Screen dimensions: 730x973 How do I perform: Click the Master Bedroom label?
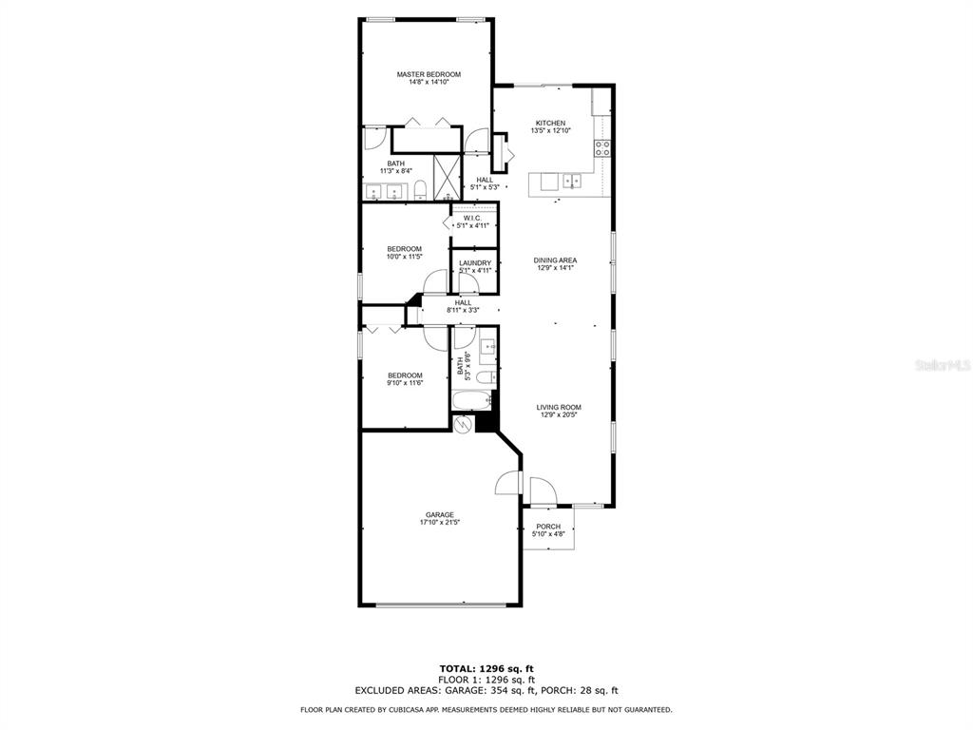429,75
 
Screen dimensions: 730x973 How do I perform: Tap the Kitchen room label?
550,124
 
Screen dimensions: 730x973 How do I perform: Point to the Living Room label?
558,408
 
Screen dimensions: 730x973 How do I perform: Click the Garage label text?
439,515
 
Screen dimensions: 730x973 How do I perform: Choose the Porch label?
548,527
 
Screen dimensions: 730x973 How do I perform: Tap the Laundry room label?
475,263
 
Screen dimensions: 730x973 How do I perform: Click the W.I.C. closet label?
472,219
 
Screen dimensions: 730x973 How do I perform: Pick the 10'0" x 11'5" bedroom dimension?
404,257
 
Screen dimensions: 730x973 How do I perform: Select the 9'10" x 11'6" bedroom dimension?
404,384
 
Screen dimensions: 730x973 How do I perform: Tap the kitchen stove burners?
602,147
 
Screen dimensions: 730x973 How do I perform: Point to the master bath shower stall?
447,176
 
